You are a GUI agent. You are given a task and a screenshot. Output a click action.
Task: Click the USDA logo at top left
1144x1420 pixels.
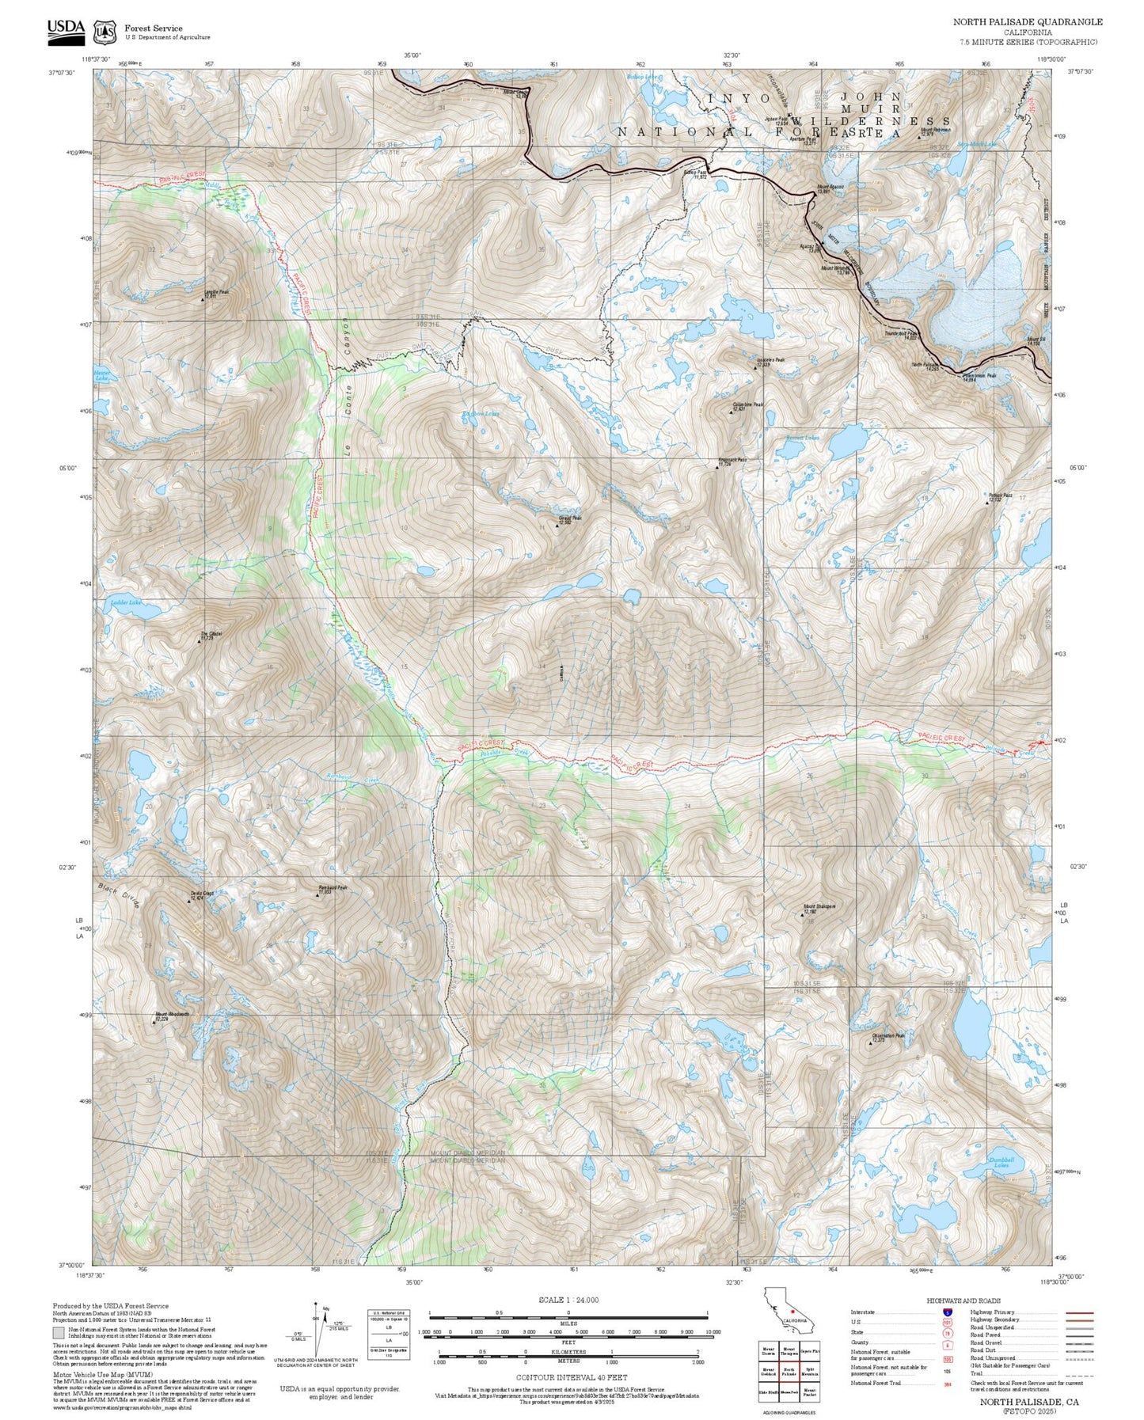tap(66, 28)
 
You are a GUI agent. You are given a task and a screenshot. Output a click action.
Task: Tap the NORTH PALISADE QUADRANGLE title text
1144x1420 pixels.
tap(1027, 22)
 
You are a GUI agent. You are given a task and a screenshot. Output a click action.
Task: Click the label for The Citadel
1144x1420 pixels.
tap(210, 636)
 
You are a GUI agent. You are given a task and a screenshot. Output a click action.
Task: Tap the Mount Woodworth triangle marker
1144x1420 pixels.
tap(154, 1022)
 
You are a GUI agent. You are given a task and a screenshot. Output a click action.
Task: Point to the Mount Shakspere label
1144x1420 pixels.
tap(819, 909)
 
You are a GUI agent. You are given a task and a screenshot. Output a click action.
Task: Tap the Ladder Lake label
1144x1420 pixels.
tap(125, 603)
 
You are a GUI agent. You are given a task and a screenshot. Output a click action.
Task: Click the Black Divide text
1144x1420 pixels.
tap(119, 895)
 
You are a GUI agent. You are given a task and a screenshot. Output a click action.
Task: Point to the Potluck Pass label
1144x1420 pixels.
tap(1001, 498)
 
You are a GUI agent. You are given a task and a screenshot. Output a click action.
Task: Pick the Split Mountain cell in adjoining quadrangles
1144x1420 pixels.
tap(809, 1371)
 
